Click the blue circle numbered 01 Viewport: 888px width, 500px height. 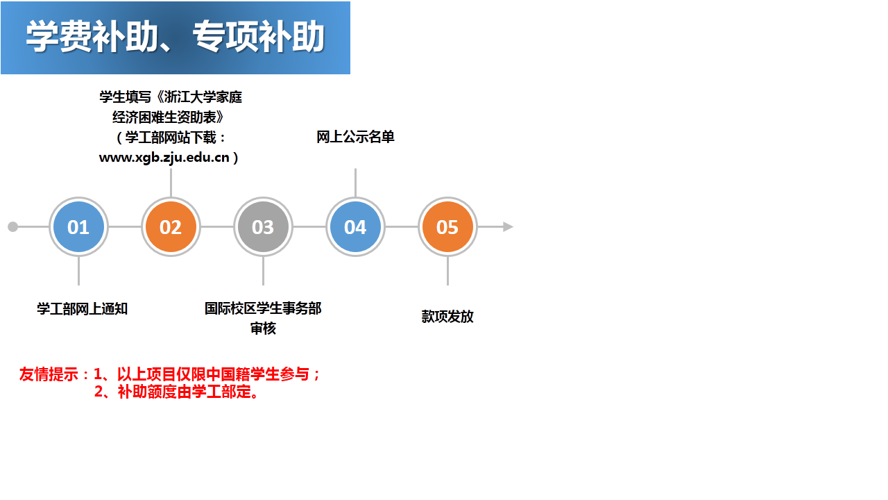(x=78, y=226)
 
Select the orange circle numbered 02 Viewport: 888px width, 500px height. (x=171, y=226)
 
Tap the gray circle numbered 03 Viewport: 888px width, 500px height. (x=263, y=226)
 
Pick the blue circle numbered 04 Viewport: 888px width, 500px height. (x=356, y=226)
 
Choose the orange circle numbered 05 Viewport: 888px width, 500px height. (x=447, y=226)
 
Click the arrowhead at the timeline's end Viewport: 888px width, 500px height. (x=509, y=226)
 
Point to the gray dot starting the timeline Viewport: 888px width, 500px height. (x=12, y=226)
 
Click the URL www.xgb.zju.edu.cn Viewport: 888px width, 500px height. (x=164, y=158)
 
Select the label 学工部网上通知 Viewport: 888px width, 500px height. (x=82, y=309)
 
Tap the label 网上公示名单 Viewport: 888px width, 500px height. (x=356, y=137)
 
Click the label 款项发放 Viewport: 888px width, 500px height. (x=447, y=317)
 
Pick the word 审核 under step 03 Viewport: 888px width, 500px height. (x=263, y=328)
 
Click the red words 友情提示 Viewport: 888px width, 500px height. (x=49, y=374)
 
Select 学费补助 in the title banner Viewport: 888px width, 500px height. (x=92, y=37)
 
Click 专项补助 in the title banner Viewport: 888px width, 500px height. (x=259, y=37)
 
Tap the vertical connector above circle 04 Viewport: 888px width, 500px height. (x=356, y=183)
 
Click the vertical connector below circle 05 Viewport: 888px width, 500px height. (x=447, y=271)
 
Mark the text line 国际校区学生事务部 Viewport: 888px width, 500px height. (x=263, y=308)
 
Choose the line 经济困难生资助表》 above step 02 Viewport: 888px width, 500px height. (x=169, y=117)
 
